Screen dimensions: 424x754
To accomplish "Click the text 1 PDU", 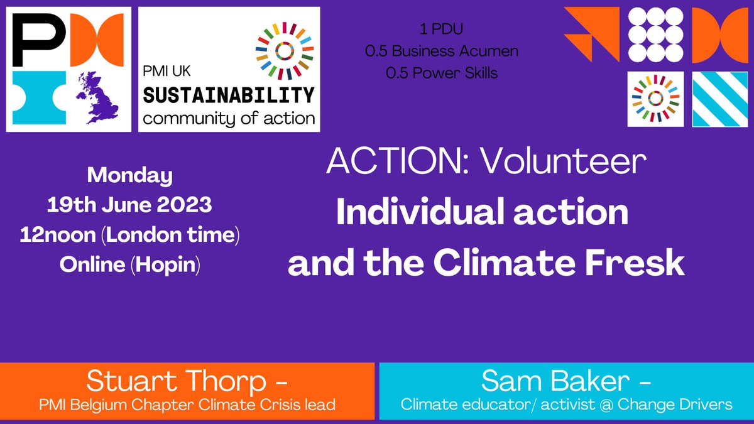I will pos(442,30).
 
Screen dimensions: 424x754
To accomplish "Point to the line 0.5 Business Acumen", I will pos(442,52).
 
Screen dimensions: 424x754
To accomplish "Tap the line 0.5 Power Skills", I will pos(442,73).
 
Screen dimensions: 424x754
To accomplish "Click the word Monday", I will pos(130,175).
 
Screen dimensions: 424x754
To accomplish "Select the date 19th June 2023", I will pos(130,205).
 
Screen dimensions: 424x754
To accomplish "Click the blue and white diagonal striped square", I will pos(719,99).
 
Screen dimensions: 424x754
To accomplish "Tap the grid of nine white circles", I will pos(656,34).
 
